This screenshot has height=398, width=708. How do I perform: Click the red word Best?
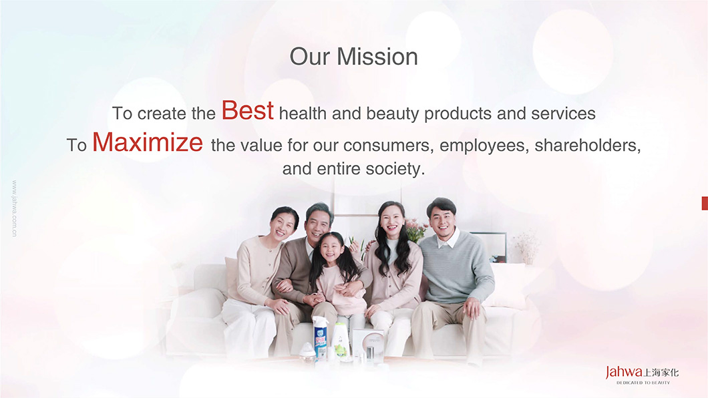247,111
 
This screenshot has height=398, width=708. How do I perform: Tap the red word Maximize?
148,142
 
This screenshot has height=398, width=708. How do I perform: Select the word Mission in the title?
377,57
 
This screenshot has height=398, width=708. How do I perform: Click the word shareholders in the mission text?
588,146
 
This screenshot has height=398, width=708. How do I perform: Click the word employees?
484,146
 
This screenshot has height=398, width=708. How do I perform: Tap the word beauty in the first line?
392,114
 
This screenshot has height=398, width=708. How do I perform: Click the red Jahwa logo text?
624,372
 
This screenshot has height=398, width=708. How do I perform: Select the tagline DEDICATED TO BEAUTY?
643,383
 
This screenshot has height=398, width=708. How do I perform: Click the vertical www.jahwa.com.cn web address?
15,208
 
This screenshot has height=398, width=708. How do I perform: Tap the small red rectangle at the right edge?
705,203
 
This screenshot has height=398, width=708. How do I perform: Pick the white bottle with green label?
340,341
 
